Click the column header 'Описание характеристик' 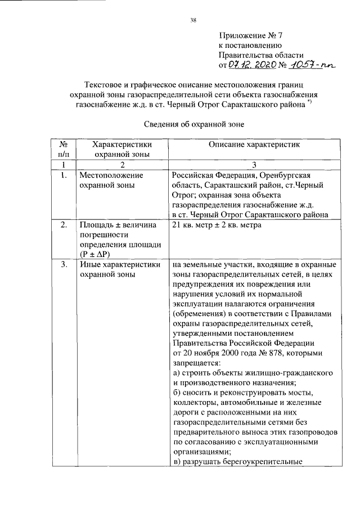[x=254, y=145]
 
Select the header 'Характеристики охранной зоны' [x=122, y=149]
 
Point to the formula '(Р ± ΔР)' [x=96, y=254]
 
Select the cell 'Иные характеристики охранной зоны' [x=118, y=269]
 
